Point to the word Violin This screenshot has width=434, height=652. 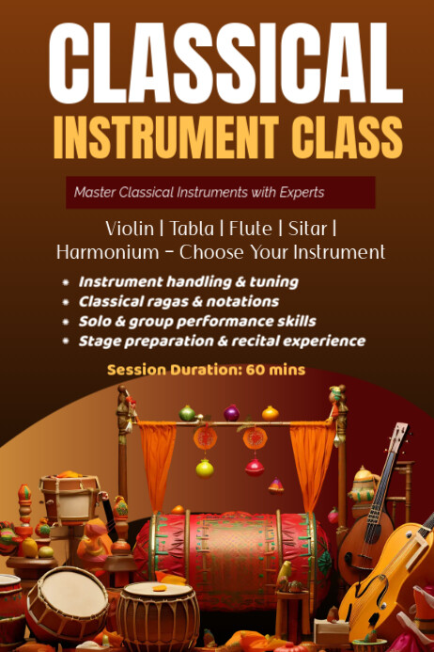pyautogui.click(x=130, y=229)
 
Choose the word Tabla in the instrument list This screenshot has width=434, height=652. pyautogui.click(x=191, y=229)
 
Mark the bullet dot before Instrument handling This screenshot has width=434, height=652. pyautogui.click(x=65, y=282)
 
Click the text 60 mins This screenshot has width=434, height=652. pyautogui.click(x=276, y=370)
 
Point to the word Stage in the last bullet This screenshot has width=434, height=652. pyautogui.click(x=100, y=341)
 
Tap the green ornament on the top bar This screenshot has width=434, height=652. pyautogui.click(x=188, y=413)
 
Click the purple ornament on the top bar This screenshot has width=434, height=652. pyautogui.click(x=231, y=412)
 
